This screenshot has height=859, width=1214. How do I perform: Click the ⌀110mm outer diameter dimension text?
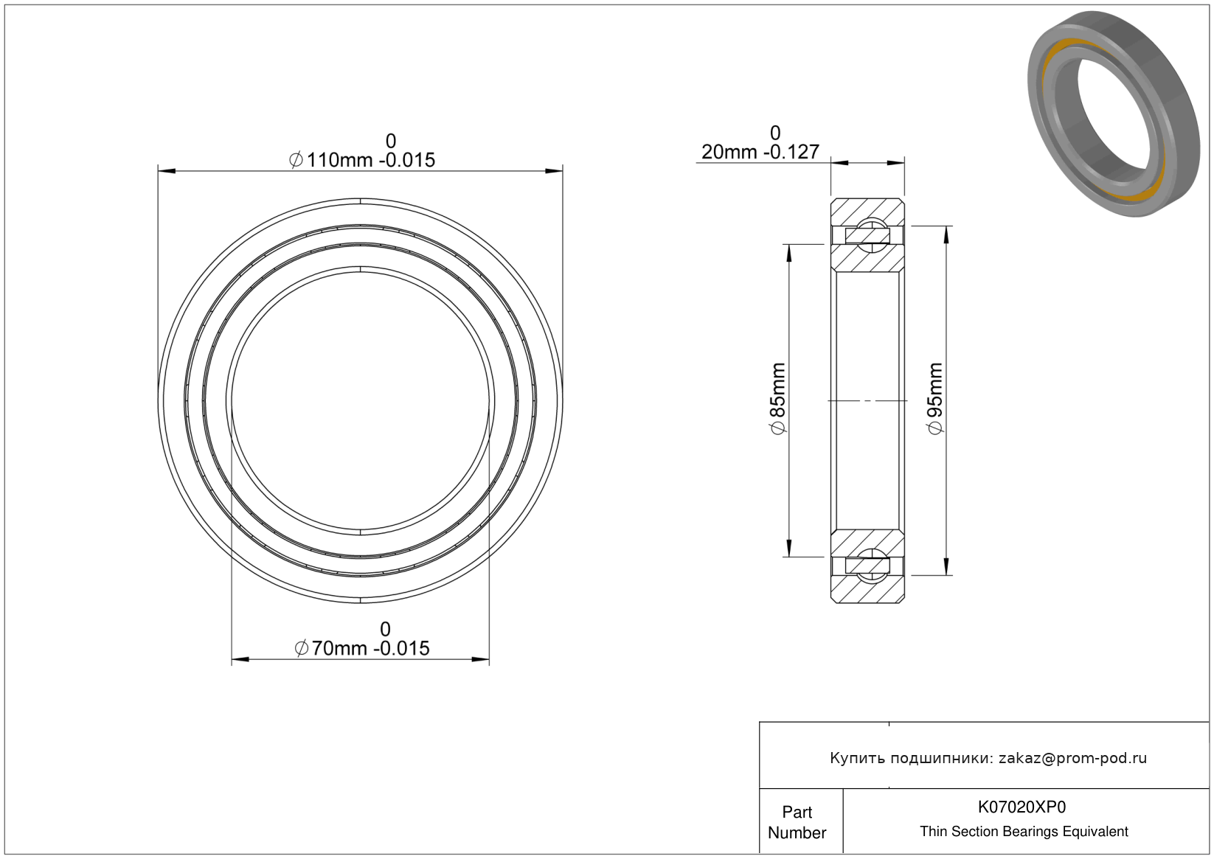click(362, 161)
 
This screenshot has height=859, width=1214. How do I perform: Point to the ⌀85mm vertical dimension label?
click(777, 398)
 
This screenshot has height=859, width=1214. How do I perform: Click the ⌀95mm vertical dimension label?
click(935, 398)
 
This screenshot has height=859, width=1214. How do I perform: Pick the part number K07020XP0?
click(1022, 807)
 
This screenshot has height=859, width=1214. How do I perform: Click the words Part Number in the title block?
click(797, 822)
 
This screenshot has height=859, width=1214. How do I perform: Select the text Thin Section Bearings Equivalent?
click(1024, 832)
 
